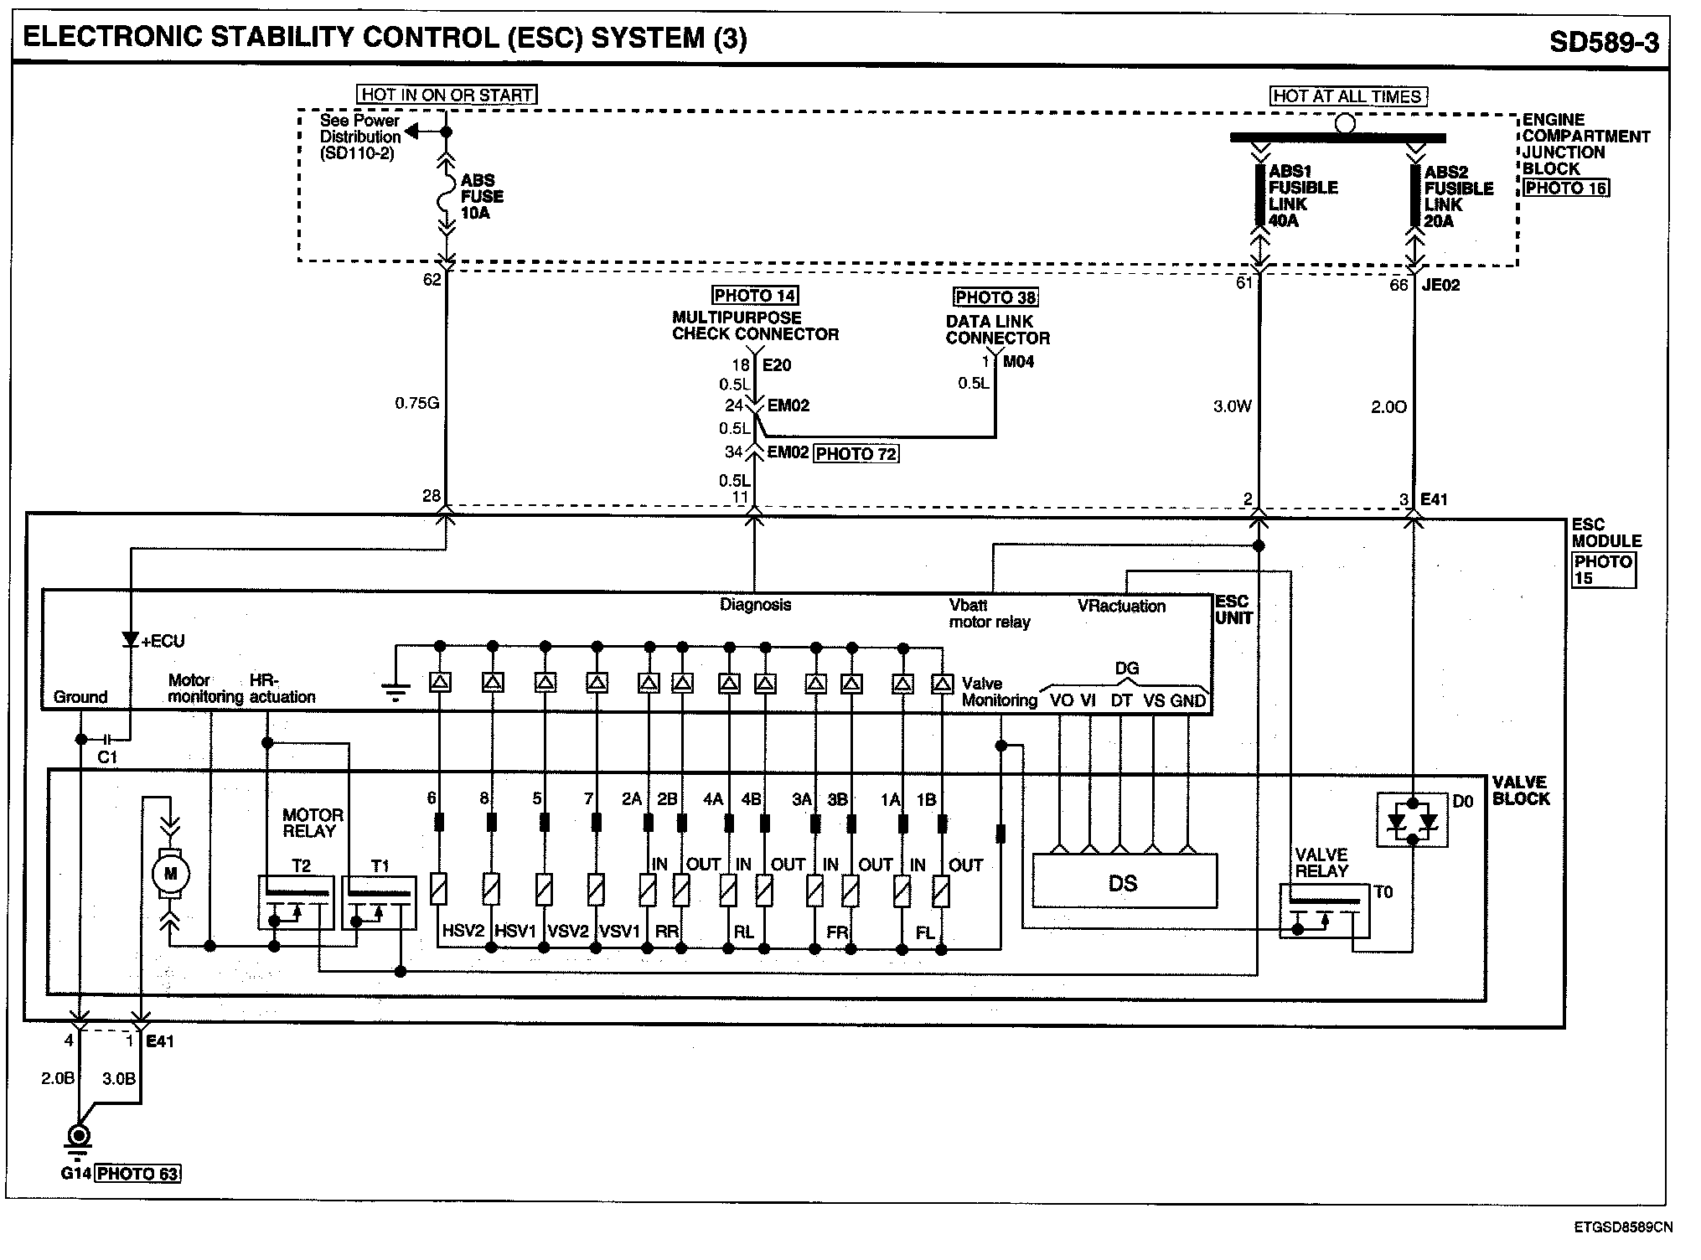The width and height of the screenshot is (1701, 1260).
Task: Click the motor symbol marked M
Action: click(170, 875)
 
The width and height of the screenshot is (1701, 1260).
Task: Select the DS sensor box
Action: click(1123, 882)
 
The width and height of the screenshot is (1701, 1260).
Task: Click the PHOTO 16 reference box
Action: click(1565, 188)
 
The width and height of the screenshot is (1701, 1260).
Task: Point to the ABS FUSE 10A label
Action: click(482, 197)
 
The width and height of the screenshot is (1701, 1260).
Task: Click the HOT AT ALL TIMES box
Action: click(1347, 96)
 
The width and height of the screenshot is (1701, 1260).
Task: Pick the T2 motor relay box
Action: click(296, 902)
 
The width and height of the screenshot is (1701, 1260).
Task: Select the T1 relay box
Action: click(381, 903)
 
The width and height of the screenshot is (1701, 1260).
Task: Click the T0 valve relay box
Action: click(1325, 911)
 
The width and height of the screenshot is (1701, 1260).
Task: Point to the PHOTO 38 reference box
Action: click(995, 297)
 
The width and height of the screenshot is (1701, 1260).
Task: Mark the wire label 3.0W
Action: click(1233, 407)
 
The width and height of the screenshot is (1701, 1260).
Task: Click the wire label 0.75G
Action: click(417, 404)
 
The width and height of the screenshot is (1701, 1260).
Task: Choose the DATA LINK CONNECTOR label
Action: click(997, 330)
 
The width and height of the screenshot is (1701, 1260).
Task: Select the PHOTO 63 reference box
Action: click(138, 1173)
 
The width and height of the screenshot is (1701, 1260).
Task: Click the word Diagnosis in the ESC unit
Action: click(755, 604)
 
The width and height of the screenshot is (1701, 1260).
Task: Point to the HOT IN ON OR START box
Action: click(447, 95)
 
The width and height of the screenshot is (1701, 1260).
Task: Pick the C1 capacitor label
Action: click(108, 757)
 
